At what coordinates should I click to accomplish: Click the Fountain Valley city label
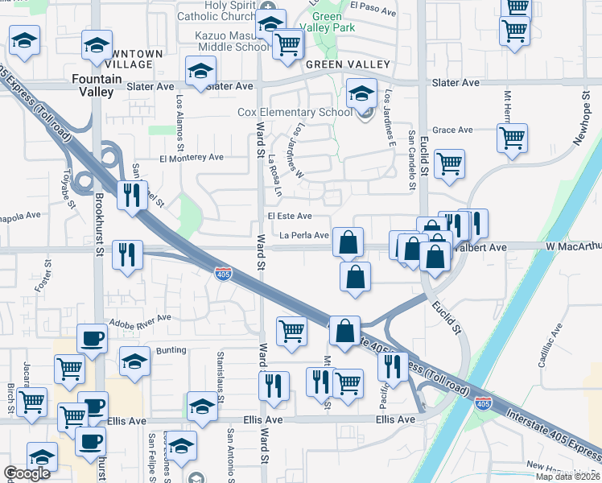(x=97, y=85)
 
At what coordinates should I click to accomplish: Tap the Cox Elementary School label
(x=295, y=112)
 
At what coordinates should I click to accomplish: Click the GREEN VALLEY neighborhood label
(x=347, y=64)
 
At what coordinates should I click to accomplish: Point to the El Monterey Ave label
(x=192, y=159)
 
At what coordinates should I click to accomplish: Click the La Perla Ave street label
(x=304, y=236)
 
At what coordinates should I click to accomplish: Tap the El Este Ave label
(x=290, y=217)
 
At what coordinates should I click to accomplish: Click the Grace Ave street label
(x=452, y=130)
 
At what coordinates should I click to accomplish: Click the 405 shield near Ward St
(x=225, y=275)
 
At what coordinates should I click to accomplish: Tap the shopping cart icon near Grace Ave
(x=512, y=138)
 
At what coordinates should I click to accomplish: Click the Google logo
(x=27, y=474)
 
